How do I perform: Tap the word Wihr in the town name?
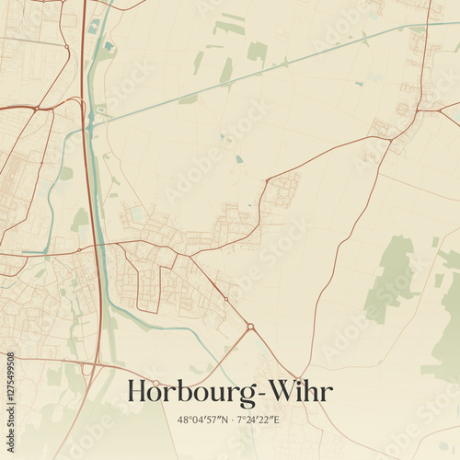point(297,391)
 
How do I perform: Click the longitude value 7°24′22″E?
point(259,419)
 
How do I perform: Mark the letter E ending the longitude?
point(276,419)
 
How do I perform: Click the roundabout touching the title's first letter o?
point(156,383)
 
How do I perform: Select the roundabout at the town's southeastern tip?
point(250,326)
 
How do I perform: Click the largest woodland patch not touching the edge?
point(392,276)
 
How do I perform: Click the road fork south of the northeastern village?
point(390,141)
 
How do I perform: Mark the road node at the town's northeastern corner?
point(266,180)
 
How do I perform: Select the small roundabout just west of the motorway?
point(79,248)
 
